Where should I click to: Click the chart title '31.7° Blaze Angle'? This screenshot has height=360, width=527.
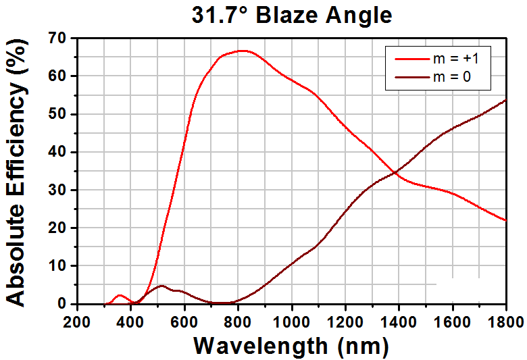292,14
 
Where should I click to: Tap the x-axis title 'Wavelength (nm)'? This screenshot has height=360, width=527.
291,346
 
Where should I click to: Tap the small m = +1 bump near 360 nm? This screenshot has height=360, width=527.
120,295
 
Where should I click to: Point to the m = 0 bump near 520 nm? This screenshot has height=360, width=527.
161,286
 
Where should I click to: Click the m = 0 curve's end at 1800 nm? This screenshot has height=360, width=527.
505,100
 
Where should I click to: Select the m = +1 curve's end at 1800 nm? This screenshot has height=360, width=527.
505,220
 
